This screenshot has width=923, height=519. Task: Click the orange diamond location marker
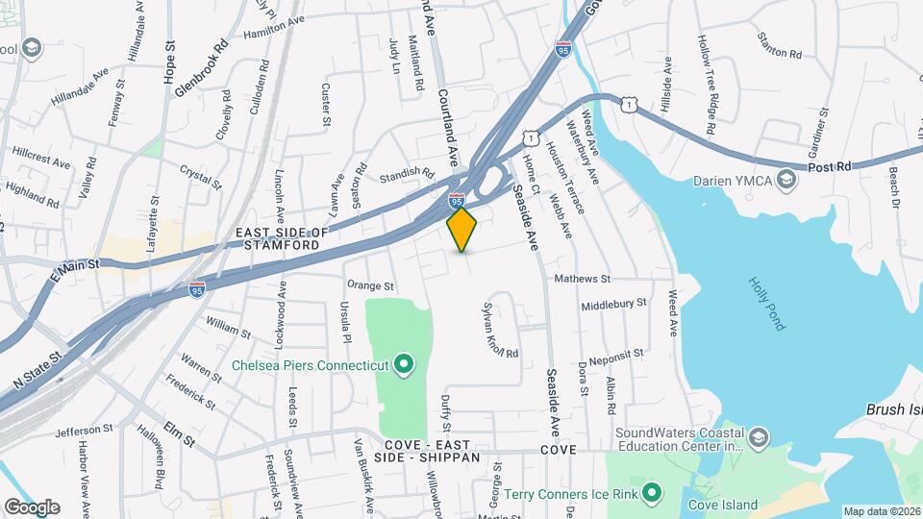coord(462,229)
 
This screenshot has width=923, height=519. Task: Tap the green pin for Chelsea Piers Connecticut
coord(404,364)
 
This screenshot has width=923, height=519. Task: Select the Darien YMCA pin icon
coord(787,180)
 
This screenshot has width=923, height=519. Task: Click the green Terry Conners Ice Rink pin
coord(653,493)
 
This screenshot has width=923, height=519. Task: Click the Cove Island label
coord(723,505)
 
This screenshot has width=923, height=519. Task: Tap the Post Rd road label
coord(830,166)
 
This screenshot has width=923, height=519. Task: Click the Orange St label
coord(371,285)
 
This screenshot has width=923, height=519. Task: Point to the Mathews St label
coord(583,279)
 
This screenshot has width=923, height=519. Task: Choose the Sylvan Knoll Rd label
coord(500,328)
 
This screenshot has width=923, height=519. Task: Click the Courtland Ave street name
coord(448,125)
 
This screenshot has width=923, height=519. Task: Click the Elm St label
coord(179,433)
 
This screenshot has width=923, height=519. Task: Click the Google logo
coord(31,507)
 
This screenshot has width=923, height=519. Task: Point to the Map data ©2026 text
coord(881,511)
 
